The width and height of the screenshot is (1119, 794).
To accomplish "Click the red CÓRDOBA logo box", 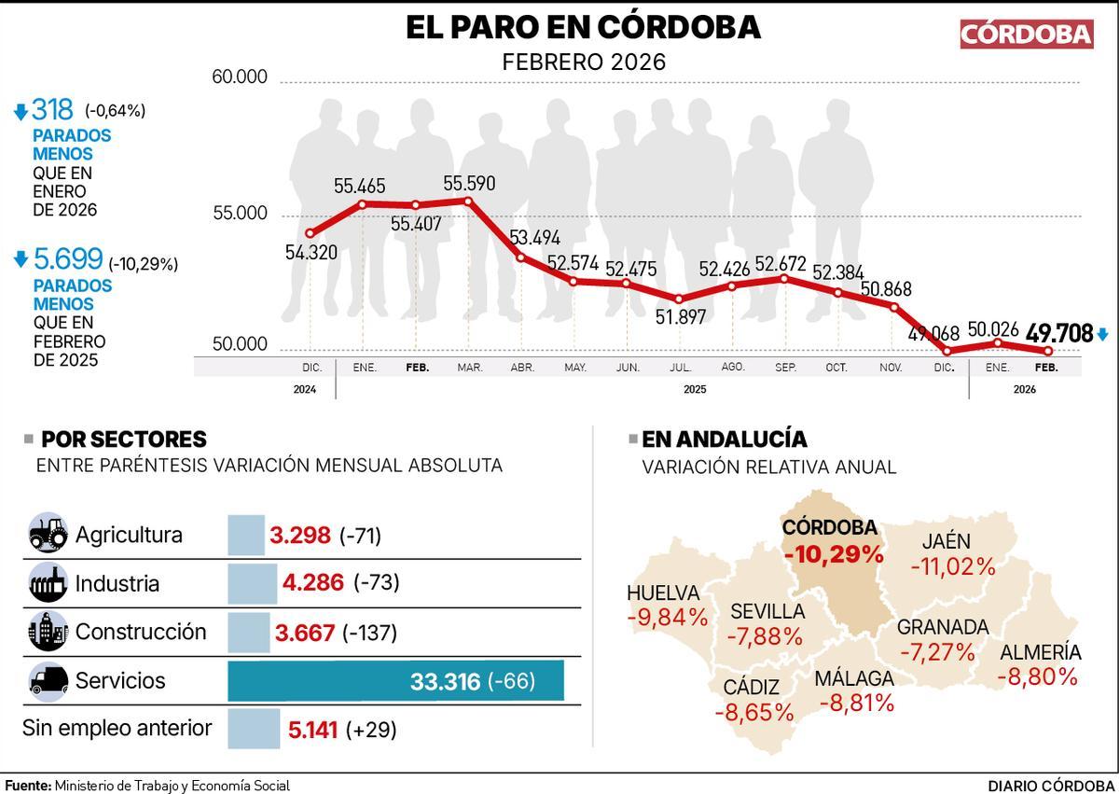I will click(1026, 34).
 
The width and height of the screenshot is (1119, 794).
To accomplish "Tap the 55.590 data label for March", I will click(469, 183).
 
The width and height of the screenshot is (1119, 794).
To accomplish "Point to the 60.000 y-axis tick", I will click(240, 77).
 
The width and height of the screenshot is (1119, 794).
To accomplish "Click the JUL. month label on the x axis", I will click(680, 368).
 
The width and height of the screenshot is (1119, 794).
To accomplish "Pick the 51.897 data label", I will click(680, 317).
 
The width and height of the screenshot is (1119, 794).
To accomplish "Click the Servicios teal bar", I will click(396, 680).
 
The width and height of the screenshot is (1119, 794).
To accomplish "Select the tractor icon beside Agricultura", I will click(48, 535).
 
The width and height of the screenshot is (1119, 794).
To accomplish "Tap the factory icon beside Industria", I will click(48, 583).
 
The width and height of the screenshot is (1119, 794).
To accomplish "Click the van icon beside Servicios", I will click(48, 680).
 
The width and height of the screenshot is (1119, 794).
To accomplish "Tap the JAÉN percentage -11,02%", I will click(953, 565).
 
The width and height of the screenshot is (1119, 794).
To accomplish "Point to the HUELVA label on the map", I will click(663, 592).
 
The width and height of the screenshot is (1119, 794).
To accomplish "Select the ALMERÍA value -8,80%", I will click(1037, 676).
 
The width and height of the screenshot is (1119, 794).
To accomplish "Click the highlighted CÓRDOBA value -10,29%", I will click(833, 554).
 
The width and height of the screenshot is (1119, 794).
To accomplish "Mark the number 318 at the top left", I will click(52, 110).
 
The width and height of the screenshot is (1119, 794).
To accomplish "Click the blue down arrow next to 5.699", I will click(21, 261).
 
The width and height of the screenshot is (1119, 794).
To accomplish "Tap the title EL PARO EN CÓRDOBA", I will click(583, 27).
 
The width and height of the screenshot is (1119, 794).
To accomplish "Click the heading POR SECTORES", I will click(124, 439).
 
